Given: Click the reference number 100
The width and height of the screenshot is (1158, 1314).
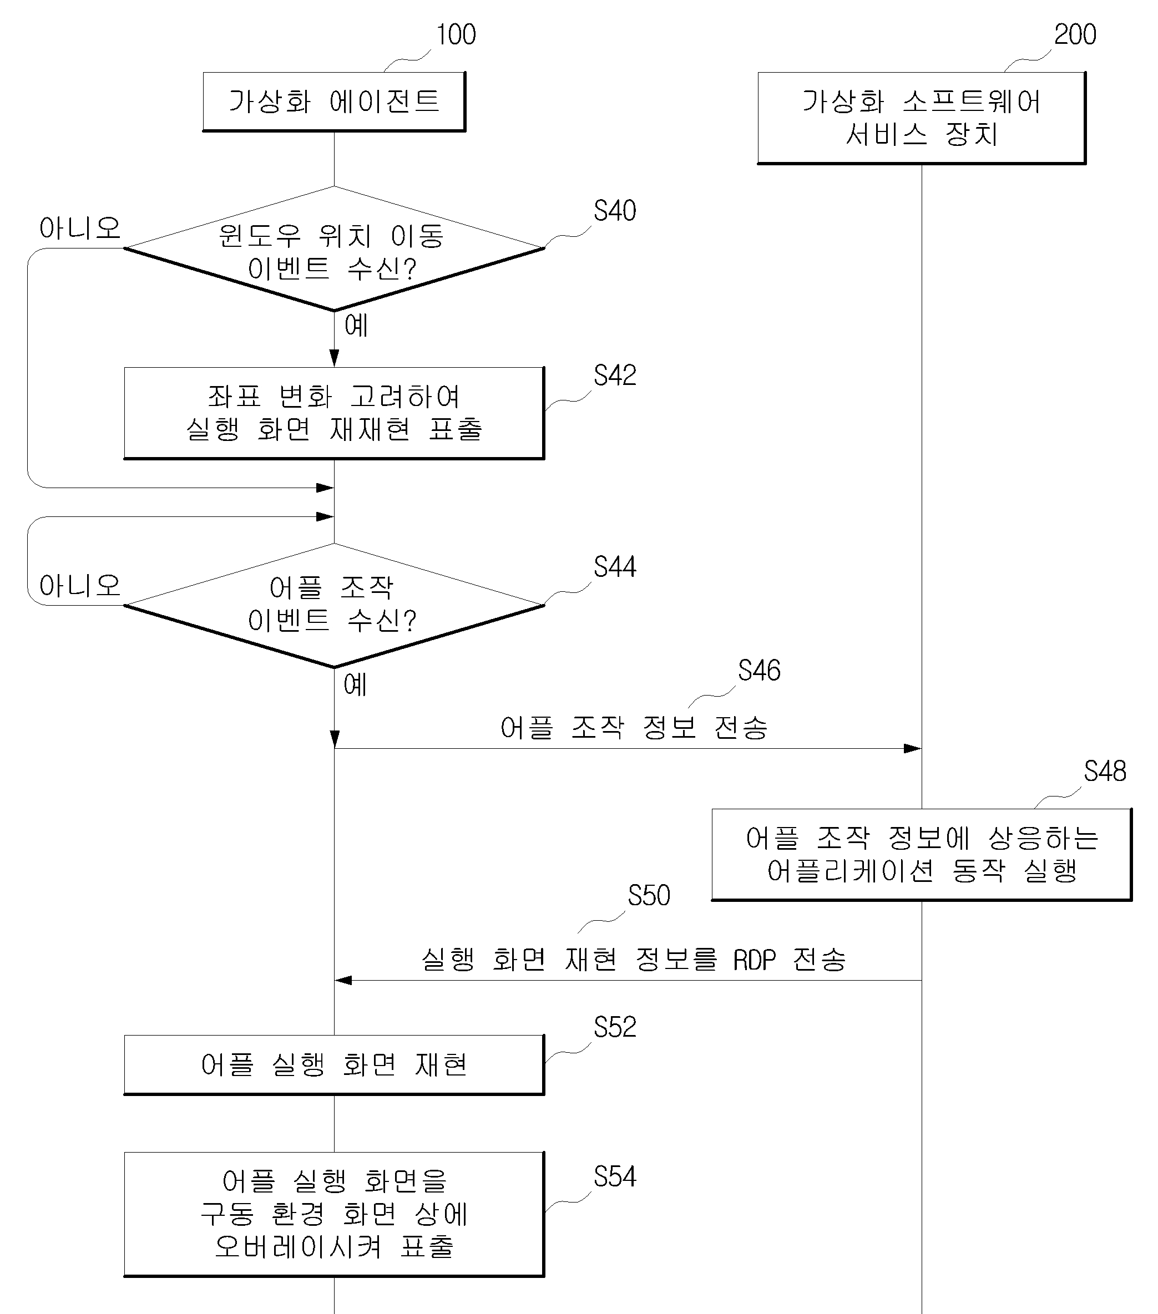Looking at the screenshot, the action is (456, 35).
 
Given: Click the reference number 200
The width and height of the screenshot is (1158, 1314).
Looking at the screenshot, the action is (1075, 35).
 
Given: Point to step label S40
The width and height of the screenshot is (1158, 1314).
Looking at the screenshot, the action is (615, 211).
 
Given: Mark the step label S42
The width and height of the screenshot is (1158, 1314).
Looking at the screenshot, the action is (615, 376).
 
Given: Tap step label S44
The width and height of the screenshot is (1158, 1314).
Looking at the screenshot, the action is (615, 567).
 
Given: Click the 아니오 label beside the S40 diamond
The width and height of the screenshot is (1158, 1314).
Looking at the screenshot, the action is (80, 228).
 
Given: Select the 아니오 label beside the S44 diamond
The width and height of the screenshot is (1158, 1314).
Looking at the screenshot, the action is (80, 586).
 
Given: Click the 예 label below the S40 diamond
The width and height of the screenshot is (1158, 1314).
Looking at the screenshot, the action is (356, 325).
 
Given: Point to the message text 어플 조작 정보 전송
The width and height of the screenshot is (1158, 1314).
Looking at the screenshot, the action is (634, 728).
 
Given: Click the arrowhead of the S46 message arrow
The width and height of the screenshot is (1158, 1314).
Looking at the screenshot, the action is (913, 748).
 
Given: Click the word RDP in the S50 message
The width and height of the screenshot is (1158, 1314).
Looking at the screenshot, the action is (755, 960).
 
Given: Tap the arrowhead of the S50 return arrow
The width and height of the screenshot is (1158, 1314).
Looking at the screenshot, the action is (343, 980).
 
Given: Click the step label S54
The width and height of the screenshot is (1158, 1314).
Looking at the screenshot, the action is (615, 1177).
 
